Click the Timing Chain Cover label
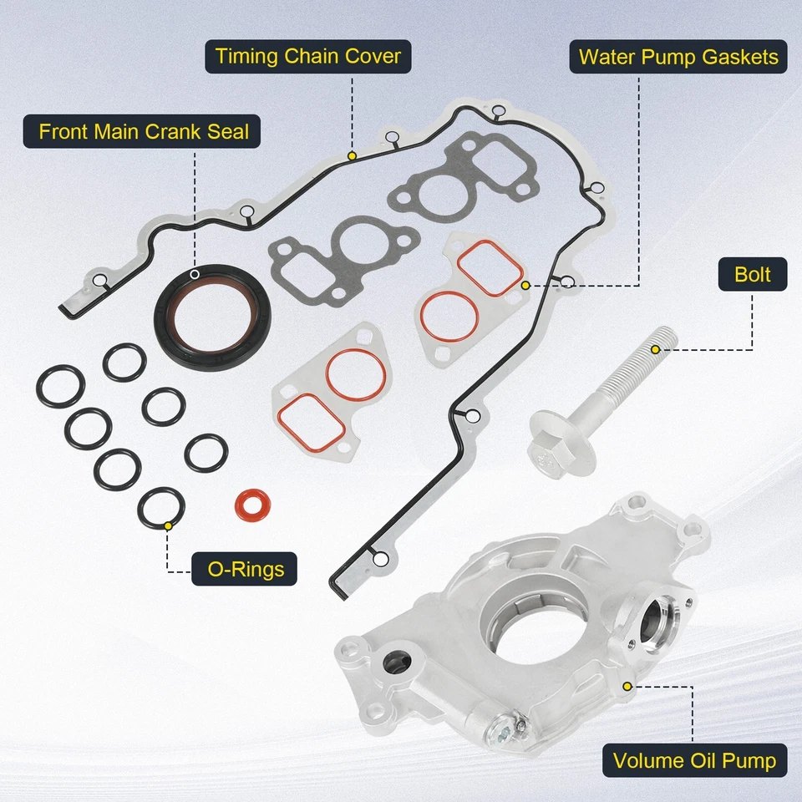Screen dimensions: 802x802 308,57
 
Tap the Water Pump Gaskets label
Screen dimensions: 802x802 678,57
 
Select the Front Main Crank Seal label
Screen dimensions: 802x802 144,131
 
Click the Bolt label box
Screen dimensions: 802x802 752,274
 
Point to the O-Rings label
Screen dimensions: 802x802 244,570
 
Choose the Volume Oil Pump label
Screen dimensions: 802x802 694,761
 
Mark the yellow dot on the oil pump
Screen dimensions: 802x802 626,685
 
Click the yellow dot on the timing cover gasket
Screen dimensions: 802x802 353,155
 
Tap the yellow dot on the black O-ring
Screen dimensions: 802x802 169,525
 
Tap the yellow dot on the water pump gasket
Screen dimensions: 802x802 525,285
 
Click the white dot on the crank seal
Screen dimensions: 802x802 195,274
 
